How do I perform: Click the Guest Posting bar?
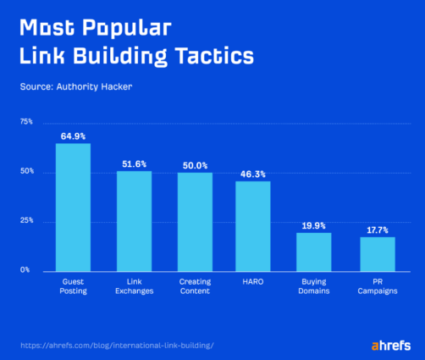(73, 207)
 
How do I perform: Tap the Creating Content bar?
(195, 222)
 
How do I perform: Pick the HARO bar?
(252, 226)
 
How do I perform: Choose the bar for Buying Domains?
(313, 252)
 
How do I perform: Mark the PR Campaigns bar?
(377, 254)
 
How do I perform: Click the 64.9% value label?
(73, 136)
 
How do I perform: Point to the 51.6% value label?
(134, 163)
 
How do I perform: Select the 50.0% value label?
(195, 165)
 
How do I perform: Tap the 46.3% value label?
(252, 174)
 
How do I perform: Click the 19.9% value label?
(313, 226)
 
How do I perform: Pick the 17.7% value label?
(377, 230)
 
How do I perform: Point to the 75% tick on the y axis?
(25, 122)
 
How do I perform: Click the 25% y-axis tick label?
(25, 221)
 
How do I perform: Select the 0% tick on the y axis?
(26, 270)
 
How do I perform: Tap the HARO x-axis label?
(252, 281)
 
